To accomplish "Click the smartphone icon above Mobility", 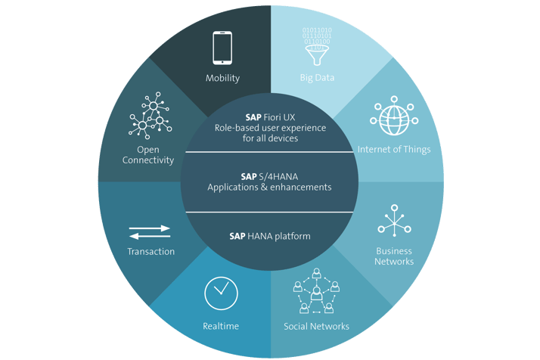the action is click(x=222, y=48).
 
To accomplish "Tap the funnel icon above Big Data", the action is click(x=317, y=54).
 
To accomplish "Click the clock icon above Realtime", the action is click(x=221, y=293).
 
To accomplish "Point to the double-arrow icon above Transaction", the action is click(x=150, y=232).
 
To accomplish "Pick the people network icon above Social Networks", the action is click(x=316, y=291).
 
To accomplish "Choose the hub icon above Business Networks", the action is click(x=394, y=221).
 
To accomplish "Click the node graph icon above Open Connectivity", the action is click(x=150, y=116).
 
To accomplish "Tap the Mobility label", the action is click(x=222, y=78).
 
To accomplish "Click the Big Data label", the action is click(x=317, y=77).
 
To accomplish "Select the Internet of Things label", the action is click(x=394, y=149).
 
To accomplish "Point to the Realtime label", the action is click(x=221, y=326).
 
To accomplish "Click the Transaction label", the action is click(x=151, y=252).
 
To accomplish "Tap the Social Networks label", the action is click(x=316, y=326).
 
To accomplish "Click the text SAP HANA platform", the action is click(x=270, y=236).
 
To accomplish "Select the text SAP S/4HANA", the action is click(x=269, y=177).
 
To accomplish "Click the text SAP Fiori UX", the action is click(x=270, y=117).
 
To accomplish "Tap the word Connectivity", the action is click(x=148, y=160).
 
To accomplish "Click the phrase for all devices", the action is click(x=270, y=138).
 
